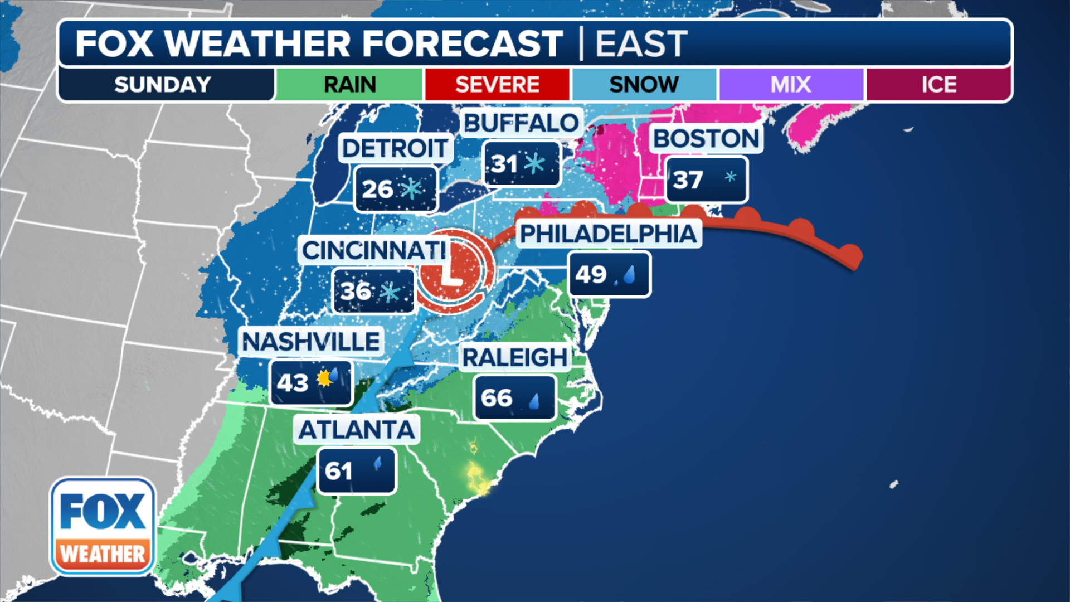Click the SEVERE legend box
tap(497, 85)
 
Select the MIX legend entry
tap(791, 85)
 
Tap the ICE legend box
tap(938, 85)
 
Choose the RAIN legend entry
tap(349, 85)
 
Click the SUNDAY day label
tap(163, 85)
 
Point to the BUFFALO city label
tap(521, 123)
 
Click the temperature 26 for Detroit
tap(377, 190)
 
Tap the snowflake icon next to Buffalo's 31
tap(534, 163)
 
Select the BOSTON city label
tap(706, 139)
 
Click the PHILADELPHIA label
tap(609, 234)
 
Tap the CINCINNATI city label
tap(374, 250)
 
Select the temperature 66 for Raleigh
tap(496, 398)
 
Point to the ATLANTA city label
tap(357, 430)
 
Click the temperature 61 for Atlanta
tap(338, 472)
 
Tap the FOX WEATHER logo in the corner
tap(103, 527)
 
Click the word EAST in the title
tap(641, 43)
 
